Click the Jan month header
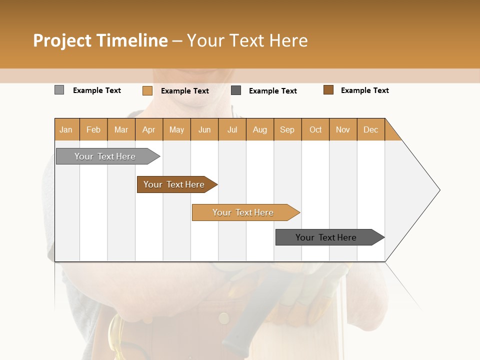(x=66, y=129)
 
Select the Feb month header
(x=93, y=129)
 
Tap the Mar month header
(x=121, y=129)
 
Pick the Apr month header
(x=149, y=129)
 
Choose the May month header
(x=176, y=129)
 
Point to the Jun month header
(x=204, y=129)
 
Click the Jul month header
(x=232, y=129)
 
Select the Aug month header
(x=260, y=129)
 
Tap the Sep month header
(x=287, y=129)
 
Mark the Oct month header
(x=315, y=129)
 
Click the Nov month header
(x=343, y=129)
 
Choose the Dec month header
(x=371, y=129)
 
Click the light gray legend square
(x=59, y=90)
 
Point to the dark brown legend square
(x=328, y=90)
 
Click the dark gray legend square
(x=236, y=90)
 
